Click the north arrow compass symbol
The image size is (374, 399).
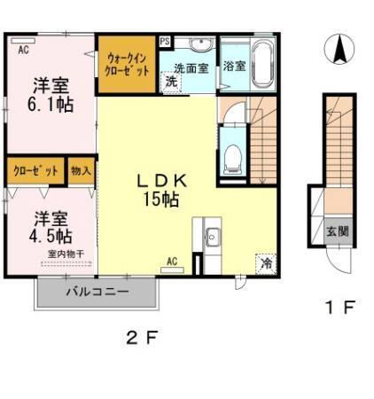[x=339, y=50]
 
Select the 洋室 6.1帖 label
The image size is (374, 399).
[x=51, y=96]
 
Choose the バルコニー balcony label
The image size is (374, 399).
[x=97, y=291]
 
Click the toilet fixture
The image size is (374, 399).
[x=233, y=158]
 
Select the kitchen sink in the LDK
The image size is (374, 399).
[x=214, y=237]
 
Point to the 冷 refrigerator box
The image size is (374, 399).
[x=267, y=262]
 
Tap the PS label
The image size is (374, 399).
[x=166, y=41]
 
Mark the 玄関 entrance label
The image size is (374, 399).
[x=337, y=231]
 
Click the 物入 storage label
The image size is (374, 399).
[x=80, y=169]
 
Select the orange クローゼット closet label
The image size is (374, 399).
[x=36, y=169]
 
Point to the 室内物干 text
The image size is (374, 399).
[x=64, y=253]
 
